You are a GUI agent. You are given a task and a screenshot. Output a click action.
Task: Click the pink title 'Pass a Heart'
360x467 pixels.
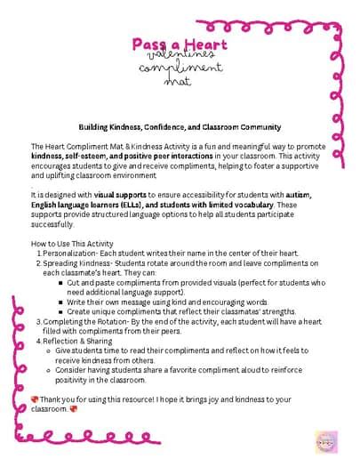[180, 44]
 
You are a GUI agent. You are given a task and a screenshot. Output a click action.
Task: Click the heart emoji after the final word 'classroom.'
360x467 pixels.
[74, 409]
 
